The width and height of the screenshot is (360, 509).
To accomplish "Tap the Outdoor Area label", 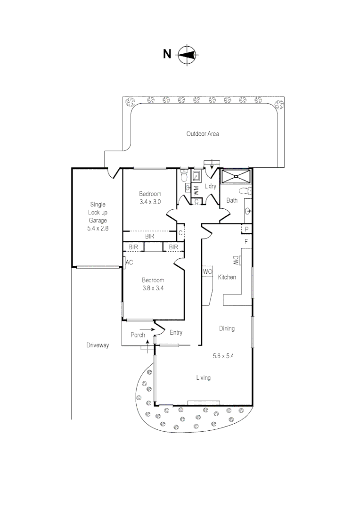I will click(203, 134).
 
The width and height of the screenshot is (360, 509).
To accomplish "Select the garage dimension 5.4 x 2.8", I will click(98, 228).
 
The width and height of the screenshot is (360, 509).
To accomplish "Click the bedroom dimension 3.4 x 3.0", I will click(150, 202).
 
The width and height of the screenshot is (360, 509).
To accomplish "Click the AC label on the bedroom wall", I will click(129, 263).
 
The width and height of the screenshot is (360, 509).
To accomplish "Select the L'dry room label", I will click(210, 186).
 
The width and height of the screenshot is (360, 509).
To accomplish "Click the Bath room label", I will click(232, 200).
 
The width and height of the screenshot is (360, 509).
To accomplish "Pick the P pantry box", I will click(246, 229).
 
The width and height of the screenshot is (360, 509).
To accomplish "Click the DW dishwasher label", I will click(236, 260).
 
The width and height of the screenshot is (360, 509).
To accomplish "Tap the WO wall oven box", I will click(207, 272).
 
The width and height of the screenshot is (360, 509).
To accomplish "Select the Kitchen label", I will click(227, 277).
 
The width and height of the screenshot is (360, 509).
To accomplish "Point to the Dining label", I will click(227, 328).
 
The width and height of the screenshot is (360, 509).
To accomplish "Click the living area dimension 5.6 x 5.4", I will click(223, 356).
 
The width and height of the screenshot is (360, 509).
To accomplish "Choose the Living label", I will click(204, 378).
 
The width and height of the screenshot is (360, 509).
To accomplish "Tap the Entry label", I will click(176, 333).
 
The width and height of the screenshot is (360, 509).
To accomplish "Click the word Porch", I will click(138, 335).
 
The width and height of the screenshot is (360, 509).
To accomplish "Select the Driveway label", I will click(98, 345).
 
